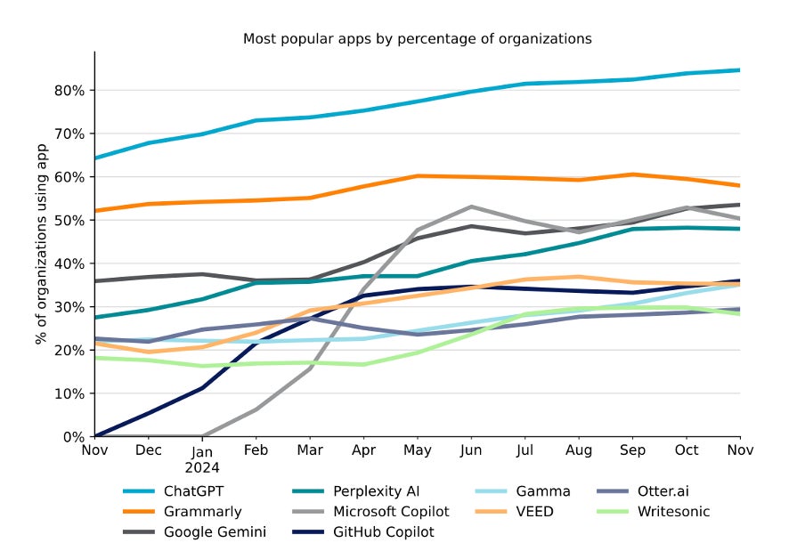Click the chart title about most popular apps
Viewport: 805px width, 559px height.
pos(418,39)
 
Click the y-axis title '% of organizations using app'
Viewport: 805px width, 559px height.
pos(41,244)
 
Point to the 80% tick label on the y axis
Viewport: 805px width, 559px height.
pos(69,90)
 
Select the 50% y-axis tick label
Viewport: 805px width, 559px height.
pos(69,221)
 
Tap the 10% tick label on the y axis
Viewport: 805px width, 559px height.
pos(69,394)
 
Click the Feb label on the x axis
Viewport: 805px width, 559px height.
pos(257,451)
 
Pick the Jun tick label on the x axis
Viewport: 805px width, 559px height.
pos(472,451)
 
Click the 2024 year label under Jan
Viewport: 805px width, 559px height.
pos(203,466)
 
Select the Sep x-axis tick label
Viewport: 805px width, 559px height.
pos(633,451)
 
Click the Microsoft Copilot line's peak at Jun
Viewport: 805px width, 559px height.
pos(471,207)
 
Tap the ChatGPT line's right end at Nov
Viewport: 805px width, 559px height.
pos(740,70)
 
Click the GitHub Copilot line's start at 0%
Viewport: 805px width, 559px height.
pos(95,436)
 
